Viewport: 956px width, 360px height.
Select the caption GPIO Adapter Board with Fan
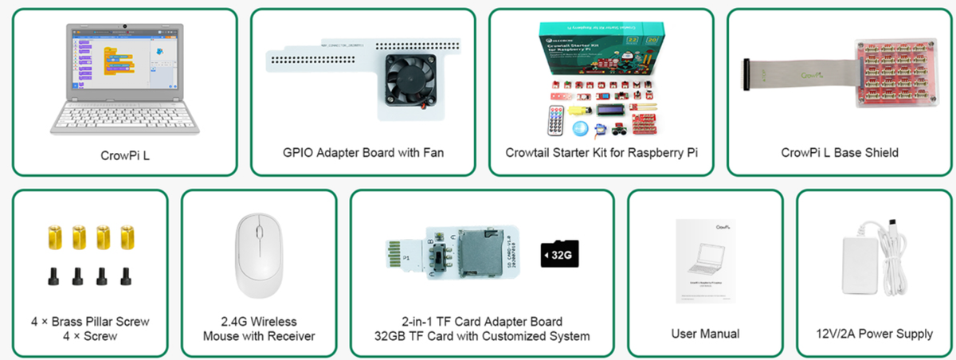pyautogui.click(x=363, y=152)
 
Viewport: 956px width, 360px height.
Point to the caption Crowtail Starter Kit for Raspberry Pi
pyautogui.click(x=601, y=152)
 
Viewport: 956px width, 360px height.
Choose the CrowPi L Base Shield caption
pyautogui.click(x=840, y=152)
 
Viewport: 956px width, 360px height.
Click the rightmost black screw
pyautogui.click(x=125, y=276)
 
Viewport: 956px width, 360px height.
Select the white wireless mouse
pyautogui.click(x=258, y=252)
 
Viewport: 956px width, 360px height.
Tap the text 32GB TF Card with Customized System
pyautogui.click(x=481, y=336)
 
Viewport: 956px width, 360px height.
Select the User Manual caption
pyautogui.click(x=706, y=334)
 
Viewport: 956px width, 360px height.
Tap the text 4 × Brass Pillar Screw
pyautogui.click(x=90, y=322)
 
